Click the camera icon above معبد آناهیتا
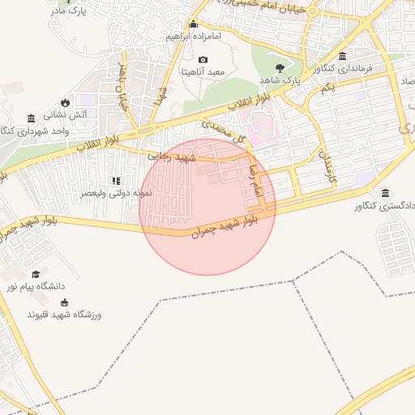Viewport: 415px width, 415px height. click(x=203, y=60)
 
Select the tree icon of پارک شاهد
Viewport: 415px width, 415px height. click(x=280, y=68)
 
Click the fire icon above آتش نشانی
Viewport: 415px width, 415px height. click(x=65, y=102)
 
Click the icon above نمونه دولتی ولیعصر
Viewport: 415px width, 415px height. click(x=116, y=181)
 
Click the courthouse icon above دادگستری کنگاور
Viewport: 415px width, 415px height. click(x=384, y=193)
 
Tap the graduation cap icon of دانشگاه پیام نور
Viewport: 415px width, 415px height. click(x=36, y=275)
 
